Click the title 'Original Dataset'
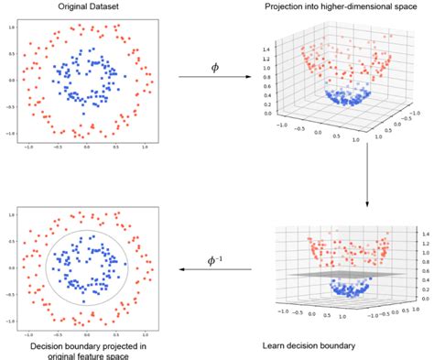[x=87, y=7]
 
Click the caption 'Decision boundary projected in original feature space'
[x=87, y=349]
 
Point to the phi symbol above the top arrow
[x=215, y=67]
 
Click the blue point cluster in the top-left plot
[x=89, y=82]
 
